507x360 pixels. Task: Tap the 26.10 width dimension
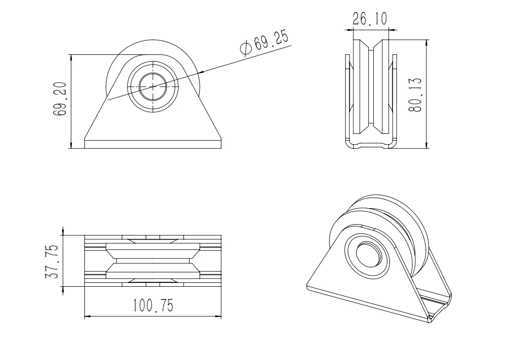[369, 19]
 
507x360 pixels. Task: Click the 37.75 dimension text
[53, 261]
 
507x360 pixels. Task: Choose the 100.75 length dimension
[152, 306]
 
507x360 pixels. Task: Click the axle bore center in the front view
[153, 86]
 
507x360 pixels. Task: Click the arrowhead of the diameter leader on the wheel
[201, 72]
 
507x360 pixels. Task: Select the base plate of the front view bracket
[153, 144]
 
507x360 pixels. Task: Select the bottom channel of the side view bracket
[371, 145]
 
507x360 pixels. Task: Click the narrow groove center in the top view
[153, 261]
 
